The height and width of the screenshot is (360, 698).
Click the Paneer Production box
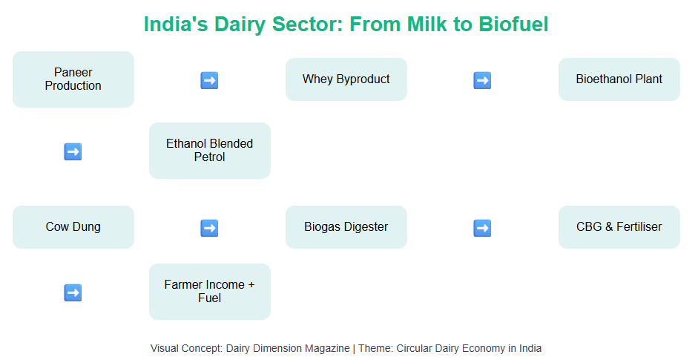pos(73,79)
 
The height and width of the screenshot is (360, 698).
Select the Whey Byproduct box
pos(346,79)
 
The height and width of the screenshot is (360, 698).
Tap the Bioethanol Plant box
pos(619,79)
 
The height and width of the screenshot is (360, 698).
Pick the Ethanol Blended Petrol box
pos(210,151)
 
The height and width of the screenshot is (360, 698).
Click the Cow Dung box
pos(73,227)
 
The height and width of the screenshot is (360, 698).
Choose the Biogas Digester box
pos(346,227)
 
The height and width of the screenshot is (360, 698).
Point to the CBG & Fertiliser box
pos(619,227)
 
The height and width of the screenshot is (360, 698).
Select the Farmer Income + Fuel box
pos(210,292)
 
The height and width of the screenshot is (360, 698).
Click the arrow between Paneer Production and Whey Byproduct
pos(209,80)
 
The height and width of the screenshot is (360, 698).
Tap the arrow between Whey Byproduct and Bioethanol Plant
pos(482,80)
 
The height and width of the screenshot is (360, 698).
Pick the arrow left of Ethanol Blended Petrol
pos(73,151)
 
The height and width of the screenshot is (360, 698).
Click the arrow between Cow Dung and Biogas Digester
pos(209,228)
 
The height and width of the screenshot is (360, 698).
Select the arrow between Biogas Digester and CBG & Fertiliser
pos(482,228)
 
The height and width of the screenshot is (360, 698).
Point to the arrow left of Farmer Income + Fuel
pos(73,292)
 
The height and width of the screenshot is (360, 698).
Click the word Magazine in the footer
pos(329,348)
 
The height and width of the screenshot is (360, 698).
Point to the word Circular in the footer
pos(414,348)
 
